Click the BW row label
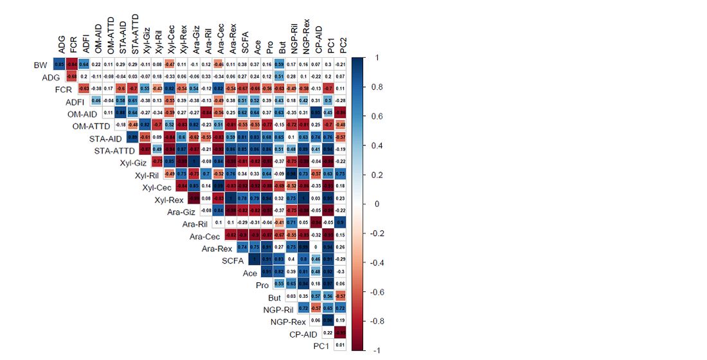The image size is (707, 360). tap(40, 65)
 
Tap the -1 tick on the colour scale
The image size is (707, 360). tap(374, 351)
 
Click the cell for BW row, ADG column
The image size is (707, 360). tap(59, 64)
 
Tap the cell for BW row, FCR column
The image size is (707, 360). tap(71, 64)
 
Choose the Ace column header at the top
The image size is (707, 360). tap(257, 46)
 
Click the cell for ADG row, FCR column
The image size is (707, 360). tap(71, 76)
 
